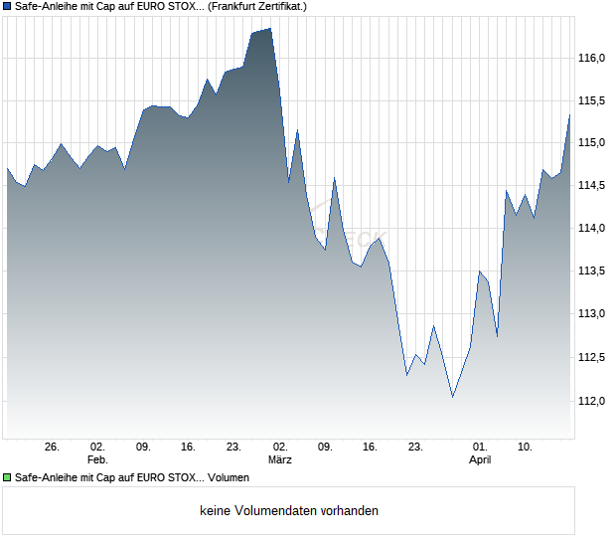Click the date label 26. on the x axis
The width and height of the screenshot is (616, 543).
tap(53, 447)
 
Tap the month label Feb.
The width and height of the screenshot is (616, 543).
tap(96, 459)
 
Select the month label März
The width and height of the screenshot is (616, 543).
tap(281, 459)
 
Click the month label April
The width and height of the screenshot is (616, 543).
tap(480, 459)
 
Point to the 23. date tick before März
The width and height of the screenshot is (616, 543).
tap(234, 447)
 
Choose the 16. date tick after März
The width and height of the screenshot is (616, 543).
tap(371, 447)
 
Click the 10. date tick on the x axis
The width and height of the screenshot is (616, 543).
tap(525, 447)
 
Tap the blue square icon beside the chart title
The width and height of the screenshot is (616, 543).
tap(7, 6)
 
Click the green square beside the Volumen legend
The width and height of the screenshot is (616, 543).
tap(7, 478)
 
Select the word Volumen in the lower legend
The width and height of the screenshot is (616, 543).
tap(229, 478)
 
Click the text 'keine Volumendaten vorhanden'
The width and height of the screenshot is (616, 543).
tap(289, 510)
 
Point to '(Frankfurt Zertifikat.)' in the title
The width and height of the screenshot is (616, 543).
tap(257, 6)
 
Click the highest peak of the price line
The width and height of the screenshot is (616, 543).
tap(270, 29)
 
